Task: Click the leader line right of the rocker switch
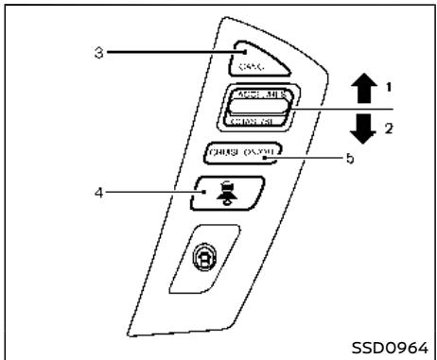326,109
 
